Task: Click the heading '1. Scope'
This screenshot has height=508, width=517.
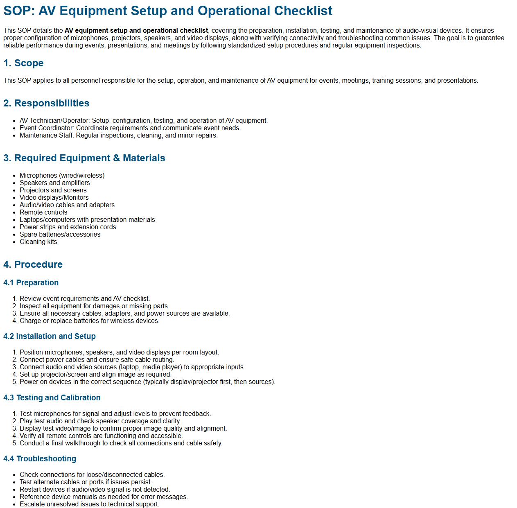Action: click(23, 63)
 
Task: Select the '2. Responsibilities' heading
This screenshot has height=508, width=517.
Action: click(46, 103)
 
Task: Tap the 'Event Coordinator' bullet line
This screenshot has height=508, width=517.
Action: click(130, 128)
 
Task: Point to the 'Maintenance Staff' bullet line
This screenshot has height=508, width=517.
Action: click(118, 135)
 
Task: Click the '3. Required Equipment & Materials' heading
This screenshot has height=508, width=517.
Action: click(84, 158)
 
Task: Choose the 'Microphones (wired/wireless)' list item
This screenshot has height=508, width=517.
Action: click(62, 176)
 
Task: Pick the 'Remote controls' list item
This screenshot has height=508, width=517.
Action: click(43, 212)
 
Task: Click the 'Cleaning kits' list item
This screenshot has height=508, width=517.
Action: click(38, 242)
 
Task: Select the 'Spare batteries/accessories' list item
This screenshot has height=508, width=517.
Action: click(60, 235)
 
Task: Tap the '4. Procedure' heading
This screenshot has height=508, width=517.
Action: click(33, 264)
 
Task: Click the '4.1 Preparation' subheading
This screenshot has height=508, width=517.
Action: click(31, 283)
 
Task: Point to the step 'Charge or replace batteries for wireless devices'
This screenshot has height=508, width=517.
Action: click(89, 321)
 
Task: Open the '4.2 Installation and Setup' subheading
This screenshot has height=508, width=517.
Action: click(49, 336)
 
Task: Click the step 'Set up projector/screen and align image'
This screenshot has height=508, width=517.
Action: click(95, 375)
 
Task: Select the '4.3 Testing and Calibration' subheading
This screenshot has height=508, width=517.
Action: click(52, 398)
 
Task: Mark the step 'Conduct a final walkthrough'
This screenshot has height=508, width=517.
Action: click(121, 443)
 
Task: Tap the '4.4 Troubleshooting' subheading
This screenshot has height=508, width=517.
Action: click(40, 459)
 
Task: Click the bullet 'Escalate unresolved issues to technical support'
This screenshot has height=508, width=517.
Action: click(89, 504)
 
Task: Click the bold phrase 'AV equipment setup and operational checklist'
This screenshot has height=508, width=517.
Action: click(136, 31)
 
